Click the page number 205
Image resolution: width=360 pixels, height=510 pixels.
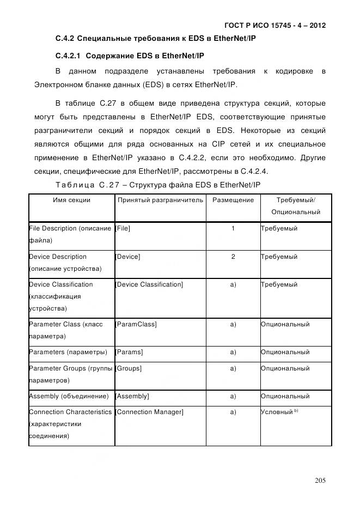pyautogui.click(x=320, y=480)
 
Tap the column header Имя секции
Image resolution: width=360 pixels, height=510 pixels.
pyautogui.click(x=71, y=200)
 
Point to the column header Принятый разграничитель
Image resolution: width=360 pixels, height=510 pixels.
pyautogui.click(x=160, y=200)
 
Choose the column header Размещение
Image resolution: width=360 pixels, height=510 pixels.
pyautogui.click(x=233, y=200)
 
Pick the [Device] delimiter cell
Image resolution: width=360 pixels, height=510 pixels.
pyautogui.click(x=127, y=257)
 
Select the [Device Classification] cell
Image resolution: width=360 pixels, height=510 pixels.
pyautogui.click(x=149, y=284)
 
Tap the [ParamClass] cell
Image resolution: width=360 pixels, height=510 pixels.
pyautogui.click(x=136, y=324)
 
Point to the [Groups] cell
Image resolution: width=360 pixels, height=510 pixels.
pyautogui.click(x=129, y=368)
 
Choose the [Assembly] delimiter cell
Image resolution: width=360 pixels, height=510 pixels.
pyautogui.click(x=132, y=396)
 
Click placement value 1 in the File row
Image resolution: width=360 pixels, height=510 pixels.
pyautogui.click(x=233, y=228)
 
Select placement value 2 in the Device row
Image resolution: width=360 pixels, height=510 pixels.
pyautogui.click(x=233, y=257)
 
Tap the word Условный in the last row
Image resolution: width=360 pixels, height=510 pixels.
pyautogui.click(x=277, y=412)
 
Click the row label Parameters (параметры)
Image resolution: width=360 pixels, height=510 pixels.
pyautogui.click(x=68, y=352)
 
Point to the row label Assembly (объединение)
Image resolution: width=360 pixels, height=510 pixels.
pyautogui.click(x=68, y=396)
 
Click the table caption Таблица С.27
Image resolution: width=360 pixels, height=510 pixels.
pyautogui.click(x=79, y=185)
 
